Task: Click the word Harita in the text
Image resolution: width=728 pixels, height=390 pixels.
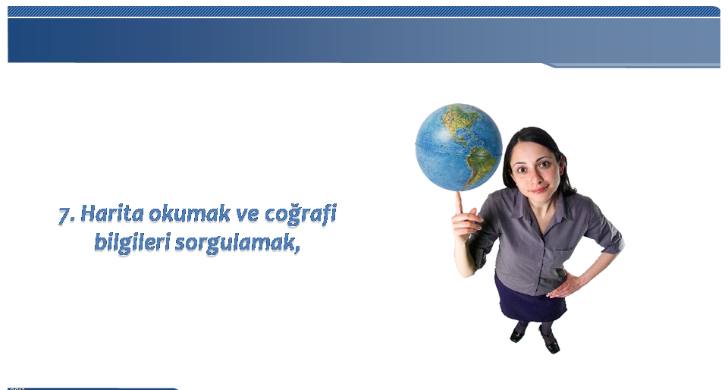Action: click(112, 213)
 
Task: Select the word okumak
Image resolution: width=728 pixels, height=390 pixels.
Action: click(189, 213)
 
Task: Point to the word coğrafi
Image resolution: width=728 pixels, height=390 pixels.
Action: click(301, 215)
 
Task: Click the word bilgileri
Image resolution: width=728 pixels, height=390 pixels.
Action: click(132, 243)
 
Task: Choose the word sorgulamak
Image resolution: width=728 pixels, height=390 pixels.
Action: click(234, 243)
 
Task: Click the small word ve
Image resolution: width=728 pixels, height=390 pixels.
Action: click(248, 215)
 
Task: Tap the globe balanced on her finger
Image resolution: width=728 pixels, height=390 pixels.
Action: click(459, 147)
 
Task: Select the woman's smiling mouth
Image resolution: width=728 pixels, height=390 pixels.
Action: click(538, 190)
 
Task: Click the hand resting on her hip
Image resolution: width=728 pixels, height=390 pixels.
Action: click(566, 284)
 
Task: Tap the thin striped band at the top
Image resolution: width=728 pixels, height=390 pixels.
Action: click(363, 11)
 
